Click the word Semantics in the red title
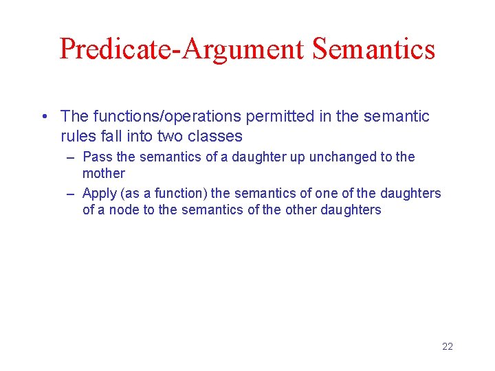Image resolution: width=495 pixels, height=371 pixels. pos(373,49)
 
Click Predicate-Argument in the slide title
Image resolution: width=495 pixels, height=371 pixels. pos(182,49)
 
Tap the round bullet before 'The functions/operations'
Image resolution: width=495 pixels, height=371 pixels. pos(45,117)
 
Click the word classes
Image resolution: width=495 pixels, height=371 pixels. pos(217,136)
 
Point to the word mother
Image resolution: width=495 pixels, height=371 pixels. pos(104,173)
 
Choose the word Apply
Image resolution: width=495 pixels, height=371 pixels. pos(99,194)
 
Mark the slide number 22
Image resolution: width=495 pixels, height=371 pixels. pos(447,346)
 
